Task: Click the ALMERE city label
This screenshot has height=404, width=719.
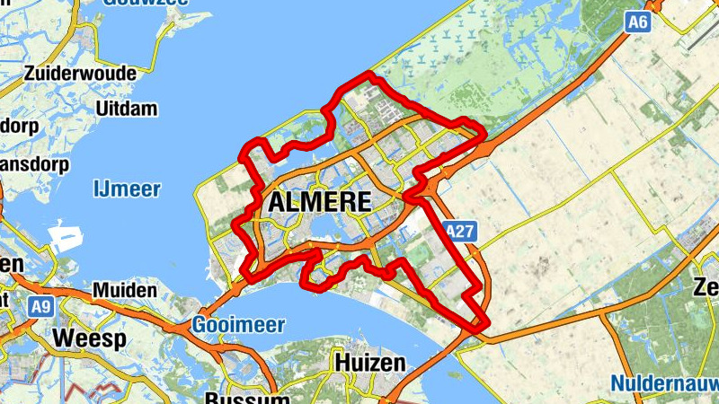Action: click(x=319, y=202)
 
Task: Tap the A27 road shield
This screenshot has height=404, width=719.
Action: click(x=459, y=233)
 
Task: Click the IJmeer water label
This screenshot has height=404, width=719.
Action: click(x=127, y=189)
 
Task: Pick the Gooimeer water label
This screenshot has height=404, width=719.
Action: click(x=237, y=325)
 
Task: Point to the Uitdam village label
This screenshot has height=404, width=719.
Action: click(x=127, y=109)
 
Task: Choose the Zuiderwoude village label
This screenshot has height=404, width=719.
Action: click(x=81, y=73)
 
